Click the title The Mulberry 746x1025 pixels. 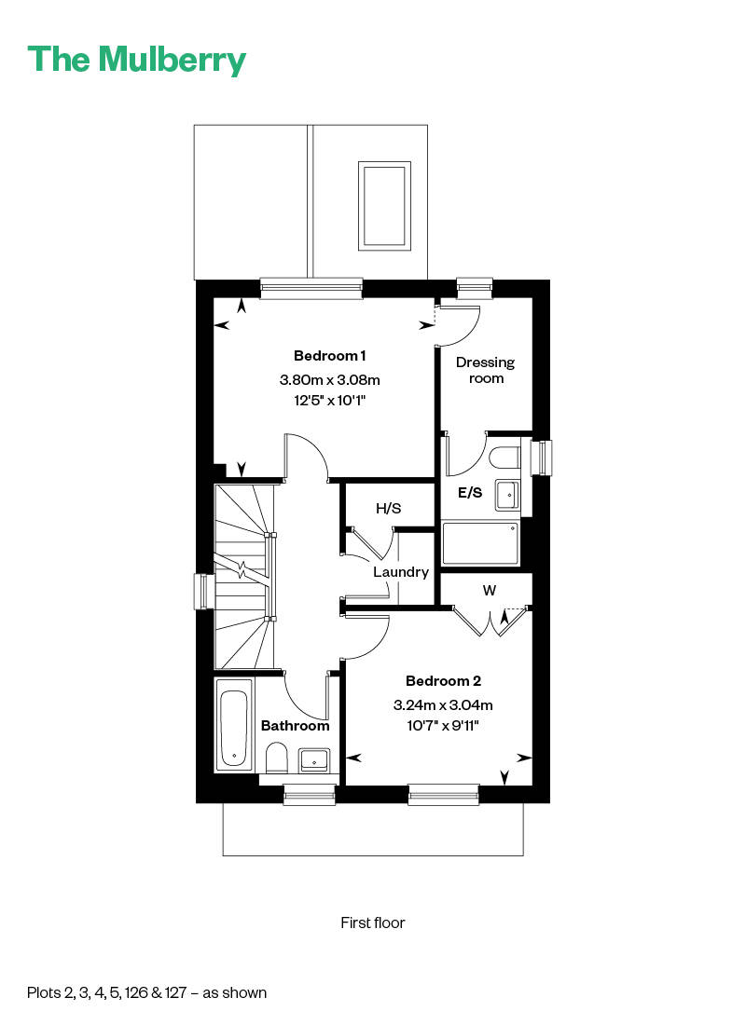[137, 60]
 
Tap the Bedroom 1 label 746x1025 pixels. [330, 355]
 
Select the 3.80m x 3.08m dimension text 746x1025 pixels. [330, 379]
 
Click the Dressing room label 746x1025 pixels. [485, 370]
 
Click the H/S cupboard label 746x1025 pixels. [389, 508]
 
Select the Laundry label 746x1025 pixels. [400, 572]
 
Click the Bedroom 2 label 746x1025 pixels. [443, 680]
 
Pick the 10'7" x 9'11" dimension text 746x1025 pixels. [443, 724]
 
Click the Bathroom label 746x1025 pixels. [295, 725]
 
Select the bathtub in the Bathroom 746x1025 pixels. [233, 725]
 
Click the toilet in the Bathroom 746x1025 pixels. [277, 758]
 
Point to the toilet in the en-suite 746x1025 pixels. [504, 458]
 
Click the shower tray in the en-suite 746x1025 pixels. [479, 544]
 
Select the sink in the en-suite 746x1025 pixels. [506, 494]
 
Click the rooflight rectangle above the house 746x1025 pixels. [384, 204]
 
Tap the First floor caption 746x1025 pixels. [373, 922]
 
